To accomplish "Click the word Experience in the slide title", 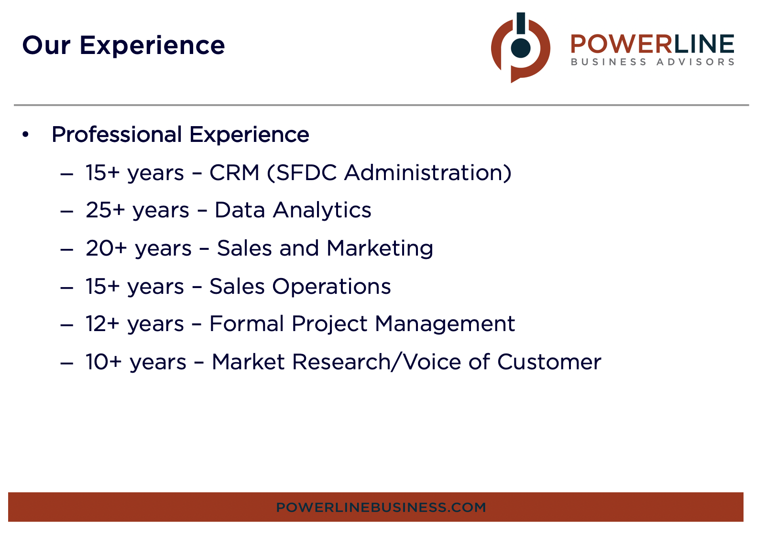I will click(x=152, y=46).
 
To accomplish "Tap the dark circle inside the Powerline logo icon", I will click(x=521, y=48).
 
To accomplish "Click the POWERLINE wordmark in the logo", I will click(x=652, y=44).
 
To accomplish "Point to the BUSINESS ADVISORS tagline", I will click(x=652, y=62).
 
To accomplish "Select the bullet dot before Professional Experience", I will click(x=25, y=135).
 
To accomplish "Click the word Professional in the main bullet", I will click(x=117, y=135).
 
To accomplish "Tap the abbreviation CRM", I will click(x=234, y=172).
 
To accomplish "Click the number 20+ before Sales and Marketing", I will click(x=106, y=248).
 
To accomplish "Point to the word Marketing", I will click(x=380, y=248).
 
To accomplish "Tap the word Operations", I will click(x=331, y=287).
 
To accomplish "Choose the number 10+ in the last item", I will click(x=104, y=362).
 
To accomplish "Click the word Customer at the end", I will click(x=549, y=362).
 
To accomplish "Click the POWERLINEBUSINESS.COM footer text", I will click(x=381, y=507).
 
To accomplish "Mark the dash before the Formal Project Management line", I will click(x=67, y=325).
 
